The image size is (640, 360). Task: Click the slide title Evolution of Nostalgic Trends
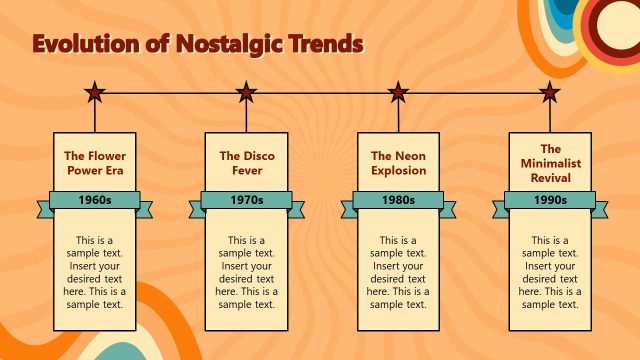click(198, 43)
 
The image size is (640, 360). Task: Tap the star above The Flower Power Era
click(95, 93)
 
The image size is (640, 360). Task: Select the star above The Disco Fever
click(246, 93)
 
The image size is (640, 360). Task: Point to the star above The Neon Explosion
click(398, 93)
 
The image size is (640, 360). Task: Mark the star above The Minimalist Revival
click(549, 93)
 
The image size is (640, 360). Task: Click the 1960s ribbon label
click(95, 200)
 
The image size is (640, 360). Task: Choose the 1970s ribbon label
click(246, 200)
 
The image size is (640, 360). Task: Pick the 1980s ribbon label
click(398, 200)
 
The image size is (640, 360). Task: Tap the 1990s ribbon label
click(549, 200)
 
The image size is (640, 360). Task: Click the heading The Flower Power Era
click(95, 163)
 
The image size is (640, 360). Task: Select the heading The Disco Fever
click(246, 163)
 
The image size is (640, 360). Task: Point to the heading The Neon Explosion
click(398, 163)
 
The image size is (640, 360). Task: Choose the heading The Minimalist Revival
click(549, 163)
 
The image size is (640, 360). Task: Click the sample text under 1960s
click(95, 271)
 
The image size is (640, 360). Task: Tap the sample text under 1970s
click(246, 271)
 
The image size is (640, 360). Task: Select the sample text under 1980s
click(398, 271)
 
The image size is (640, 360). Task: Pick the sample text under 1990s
click(549, 271)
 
